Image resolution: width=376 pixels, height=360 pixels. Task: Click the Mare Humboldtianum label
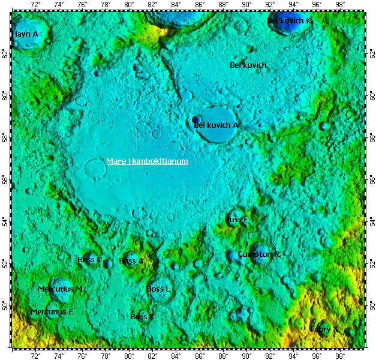[x=147, y=161]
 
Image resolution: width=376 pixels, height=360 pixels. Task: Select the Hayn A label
[x=25, y=34]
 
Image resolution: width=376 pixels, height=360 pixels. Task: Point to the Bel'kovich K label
[x=289, y=20]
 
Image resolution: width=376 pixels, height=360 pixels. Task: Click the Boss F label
[x=236, y=220]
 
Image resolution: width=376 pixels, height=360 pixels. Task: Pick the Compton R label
[x=258, y=254]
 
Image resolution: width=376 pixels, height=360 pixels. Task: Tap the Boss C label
[x=89, y=260]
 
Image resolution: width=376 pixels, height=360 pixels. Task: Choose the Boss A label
[x=131, y=261]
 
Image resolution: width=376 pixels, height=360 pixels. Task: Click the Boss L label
[x=158, y=289]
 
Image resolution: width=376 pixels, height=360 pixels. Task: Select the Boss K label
[x=142, y=316]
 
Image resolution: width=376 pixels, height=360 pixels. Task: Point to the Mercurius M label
[x=60, y=289]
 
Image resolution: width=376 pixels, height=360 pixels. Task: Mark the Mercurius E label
[x=52, y=312]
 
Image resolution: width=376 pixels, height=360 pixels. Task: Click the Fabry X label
[x=324, y=329]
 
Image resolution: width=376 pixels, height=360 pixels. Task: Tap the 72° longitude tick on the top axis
[x=35, y=5]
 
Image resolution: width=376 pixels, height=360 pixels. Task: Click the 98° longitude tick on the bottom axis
[x=340, y=355]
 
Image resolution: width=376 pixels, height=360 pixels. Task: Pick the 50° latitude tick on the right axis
[x=370, y=307]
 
